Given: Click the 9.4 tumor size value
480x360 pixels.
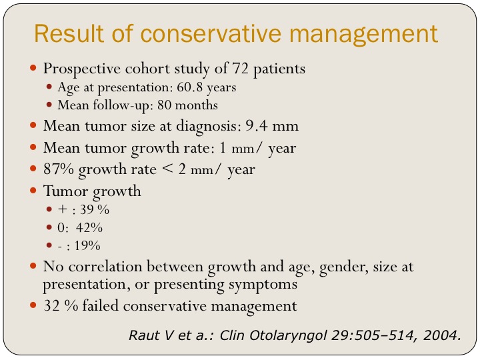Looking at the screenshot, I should pos(259,125).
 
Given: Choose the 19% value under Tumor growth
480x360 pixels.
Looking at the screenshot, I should pos(87,245).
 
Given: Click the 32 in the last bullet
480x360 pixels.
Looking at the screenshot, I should pos(51,306).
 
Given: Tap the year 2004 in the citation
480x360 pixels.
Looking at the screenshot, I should pos(443,334).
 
